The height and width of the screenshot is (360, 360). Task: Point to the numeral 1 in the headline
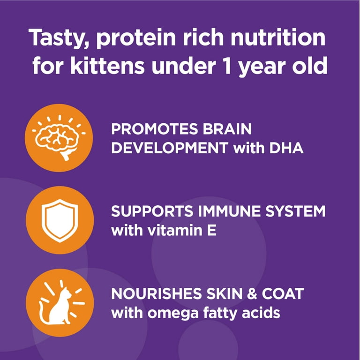227,66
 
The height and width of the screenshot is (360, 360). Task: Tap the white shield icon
60,221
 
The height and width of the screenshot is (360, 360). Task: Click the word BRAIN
227,129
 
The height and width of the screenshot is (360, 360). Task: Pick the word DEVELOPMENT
170,148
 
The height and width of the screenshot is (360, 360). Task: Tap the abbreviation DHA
286,148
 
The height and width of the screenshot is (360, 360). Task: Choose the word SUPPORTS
152,211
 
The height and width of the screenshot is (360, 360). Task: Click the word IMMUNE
230,211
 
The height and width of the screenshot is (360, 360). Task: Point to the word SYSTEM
295,211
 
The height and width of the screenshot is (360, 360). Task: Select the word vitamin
175,230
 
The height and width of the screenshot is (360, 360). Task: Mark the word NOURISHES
157,293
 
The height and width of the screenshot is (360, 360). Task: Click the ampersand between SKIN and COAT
252,293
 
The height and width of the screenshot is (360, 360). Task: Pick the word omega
173,314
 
